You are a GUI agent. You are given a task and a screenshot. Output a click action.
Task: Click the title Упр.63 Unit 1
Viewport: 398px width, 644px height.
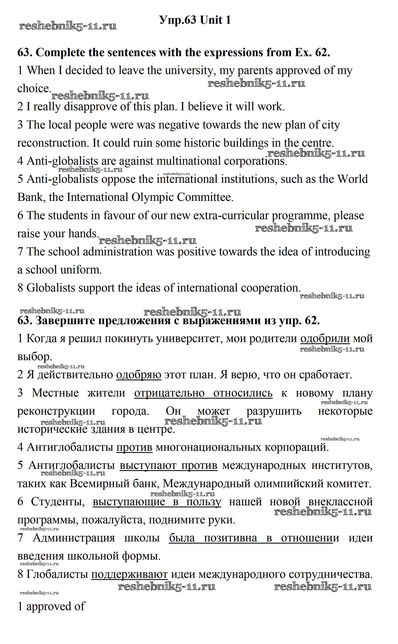(195, 20)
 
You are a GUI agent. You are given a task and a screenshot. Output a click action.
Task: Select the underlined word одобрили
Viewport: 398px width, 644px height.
(325, 338)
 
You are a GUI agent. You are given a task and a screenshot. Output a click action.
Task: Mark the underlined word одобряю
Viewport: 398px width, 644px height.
(139, 375)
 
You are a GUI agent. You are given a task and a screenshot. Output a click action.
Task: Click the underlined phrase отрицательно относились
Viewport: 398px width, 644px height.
(203, 393)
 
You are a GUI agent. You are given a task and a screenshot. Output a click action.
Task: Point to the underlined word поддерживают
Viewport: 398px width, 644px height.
(129, 580)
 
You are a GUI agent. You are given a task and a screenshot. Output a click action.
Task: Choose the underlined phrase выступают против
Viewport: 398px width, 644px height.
(168, 465)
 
